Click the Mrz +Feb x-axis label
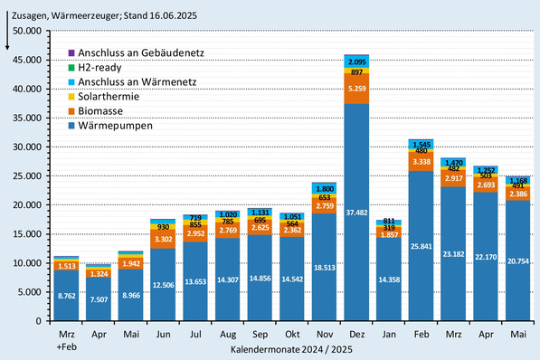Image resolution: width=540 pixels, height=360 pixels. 66,339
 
